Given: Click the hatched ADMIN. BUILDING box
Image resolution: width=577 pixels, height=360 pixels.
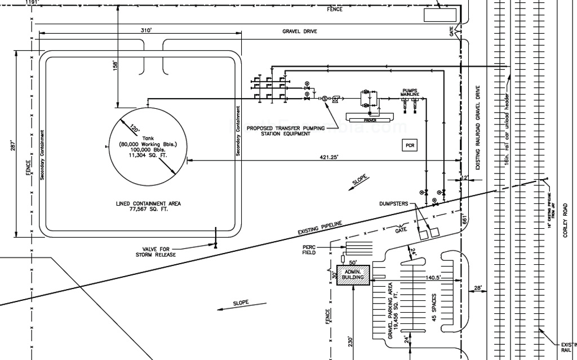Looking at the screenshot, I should coord(353,274).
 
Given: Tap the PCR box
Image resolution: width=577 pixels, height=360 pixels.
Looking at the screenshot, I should coord(410,145).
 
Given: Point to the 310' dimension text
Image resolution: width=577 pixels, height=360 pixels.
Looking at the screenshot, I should coord(145,30).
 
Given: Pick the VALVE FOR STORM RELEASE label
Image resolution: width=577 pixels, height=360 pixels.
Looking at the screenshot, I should coord(156,251).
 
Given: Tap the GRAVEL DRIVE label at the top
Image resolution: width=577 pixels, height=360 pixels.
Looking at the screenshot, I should coord(300,32).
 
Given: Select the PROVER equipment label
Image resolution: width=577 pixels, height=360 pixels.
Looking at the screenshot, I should coord(370,119).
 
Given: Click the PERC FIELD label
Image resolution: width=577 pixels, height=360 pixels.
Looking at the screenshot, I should coord(309,250).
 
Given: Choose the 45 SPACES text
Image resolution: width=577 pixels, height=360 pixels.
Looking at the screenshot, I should coord(434,307).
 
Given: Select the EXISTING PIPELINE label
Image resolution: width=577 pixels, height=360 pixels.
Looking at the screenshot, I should coord(319,228).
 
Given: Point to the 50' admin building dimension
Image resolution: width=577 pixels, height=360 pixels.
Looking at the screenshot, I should coord(352,262).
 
